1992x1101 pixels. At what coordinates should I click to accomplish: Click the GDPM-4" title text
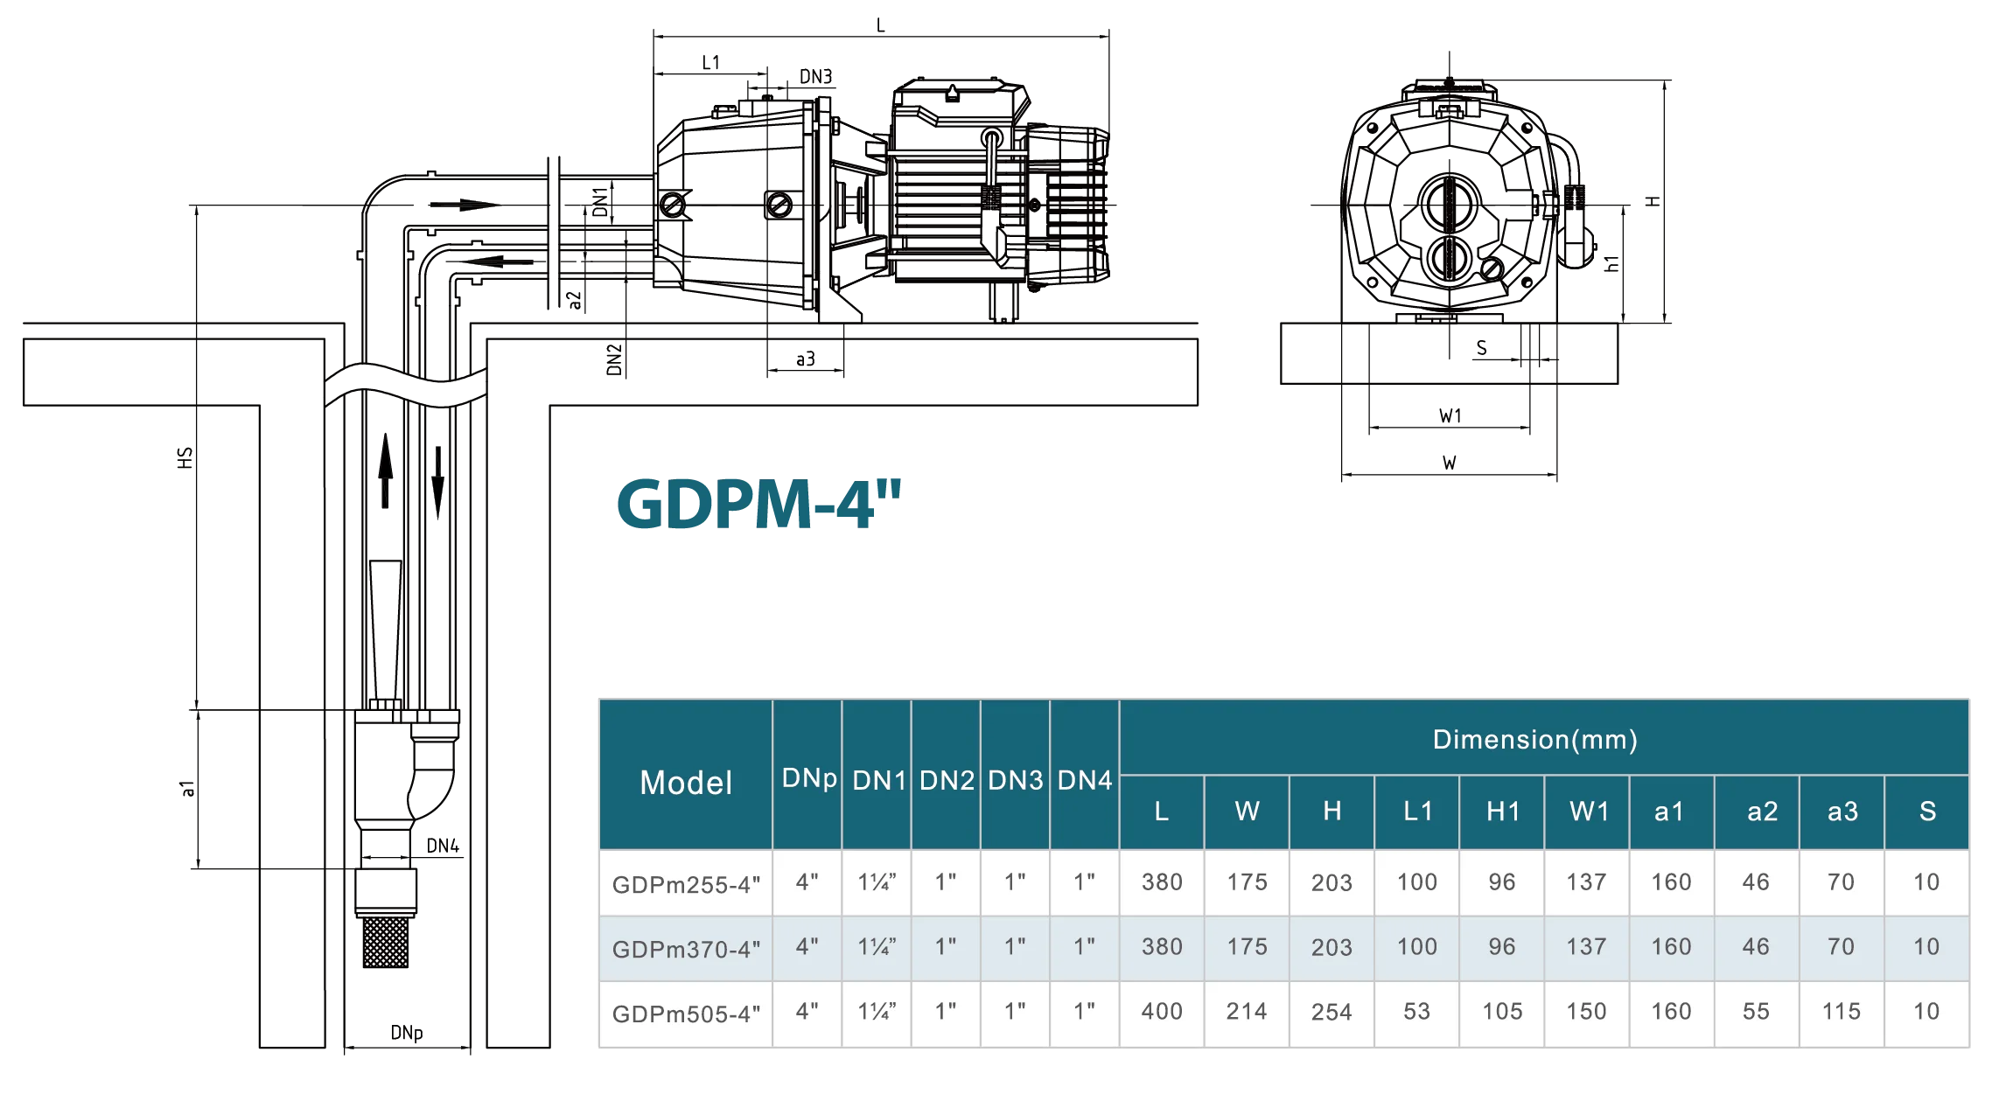758,505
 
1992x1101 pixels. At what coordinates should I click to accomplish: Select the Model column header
686,783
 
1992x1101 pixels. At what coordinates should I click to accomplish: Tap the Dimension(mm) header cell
1534,740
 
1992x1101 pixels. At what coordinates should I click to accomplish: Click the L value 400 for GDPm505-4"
1162,1012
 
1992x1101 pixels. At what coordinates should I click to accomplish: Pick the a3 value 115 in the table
1841,1012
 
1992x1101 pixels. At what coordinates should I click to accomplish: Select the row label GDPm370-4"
686,949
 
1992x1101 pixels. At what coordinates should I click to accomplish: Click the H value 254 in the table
1331,1012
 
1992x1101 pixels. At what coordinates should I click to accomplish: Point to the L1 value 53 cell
1417,1012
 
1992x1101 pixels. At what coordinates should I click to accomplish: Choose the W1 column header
1589,812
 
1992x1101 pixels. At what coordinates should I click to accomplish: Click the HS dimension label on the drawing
185,457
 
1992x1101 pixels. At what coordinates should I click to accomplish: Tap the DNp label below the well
407,1033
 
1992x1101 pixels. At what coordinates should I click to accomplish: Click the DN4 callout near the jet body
443,846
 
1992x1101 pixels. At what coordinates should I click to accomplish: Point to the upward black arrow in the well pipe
385,470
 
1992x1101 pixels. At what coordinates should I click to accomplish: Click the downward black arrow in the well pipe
437,483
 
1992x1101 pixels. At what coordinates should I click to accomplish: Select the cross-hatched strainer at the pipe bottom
386,941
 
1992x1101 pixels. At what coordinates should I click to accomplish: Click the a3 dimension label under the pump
806,359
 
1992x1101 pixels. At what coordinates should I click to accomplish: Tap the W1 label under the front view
1450,416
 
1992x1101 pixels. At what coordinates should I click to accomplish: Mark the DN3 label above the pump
816,77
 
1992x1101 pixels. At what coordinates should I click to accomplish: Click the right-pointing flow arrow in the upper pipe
465,206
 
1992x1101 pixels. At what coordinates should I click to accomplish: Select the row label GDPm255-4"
686,884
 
